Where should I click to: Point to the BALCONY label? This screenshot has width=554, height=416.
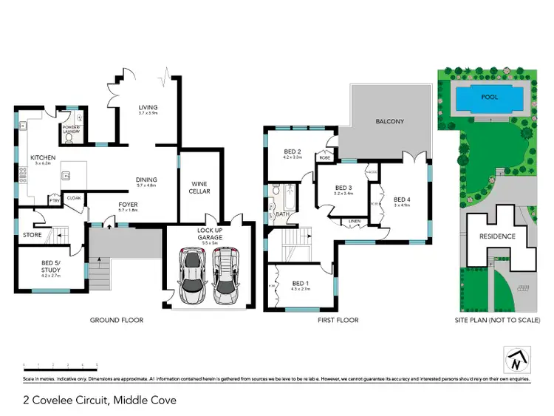[x=389, y=121]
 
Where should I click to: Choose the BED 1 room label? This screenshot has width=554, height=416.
[x=299, y=283]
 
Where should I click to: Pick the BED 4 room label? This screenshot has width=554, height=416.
[x=402, y=200]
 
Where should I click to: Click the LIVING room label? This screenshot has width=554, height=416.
[x=148, y=108]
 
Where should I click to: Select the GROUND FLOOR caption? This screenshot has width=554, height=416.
[x=116, y=320]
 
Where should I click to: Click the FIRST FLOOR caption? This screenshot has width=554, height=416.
[x=338, y=320]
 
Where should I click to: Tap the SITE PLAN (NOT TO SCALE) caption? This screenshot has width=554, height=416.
[x=497, y=320]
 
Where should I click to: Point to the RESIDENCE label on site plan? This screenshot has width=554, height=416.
[x=497, y=237]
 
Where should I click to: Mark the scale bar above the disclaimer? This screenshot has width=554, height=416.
[x=61, y=365]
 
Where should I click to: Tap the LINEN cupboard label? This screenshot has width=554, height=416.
[x=355, y=221]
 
